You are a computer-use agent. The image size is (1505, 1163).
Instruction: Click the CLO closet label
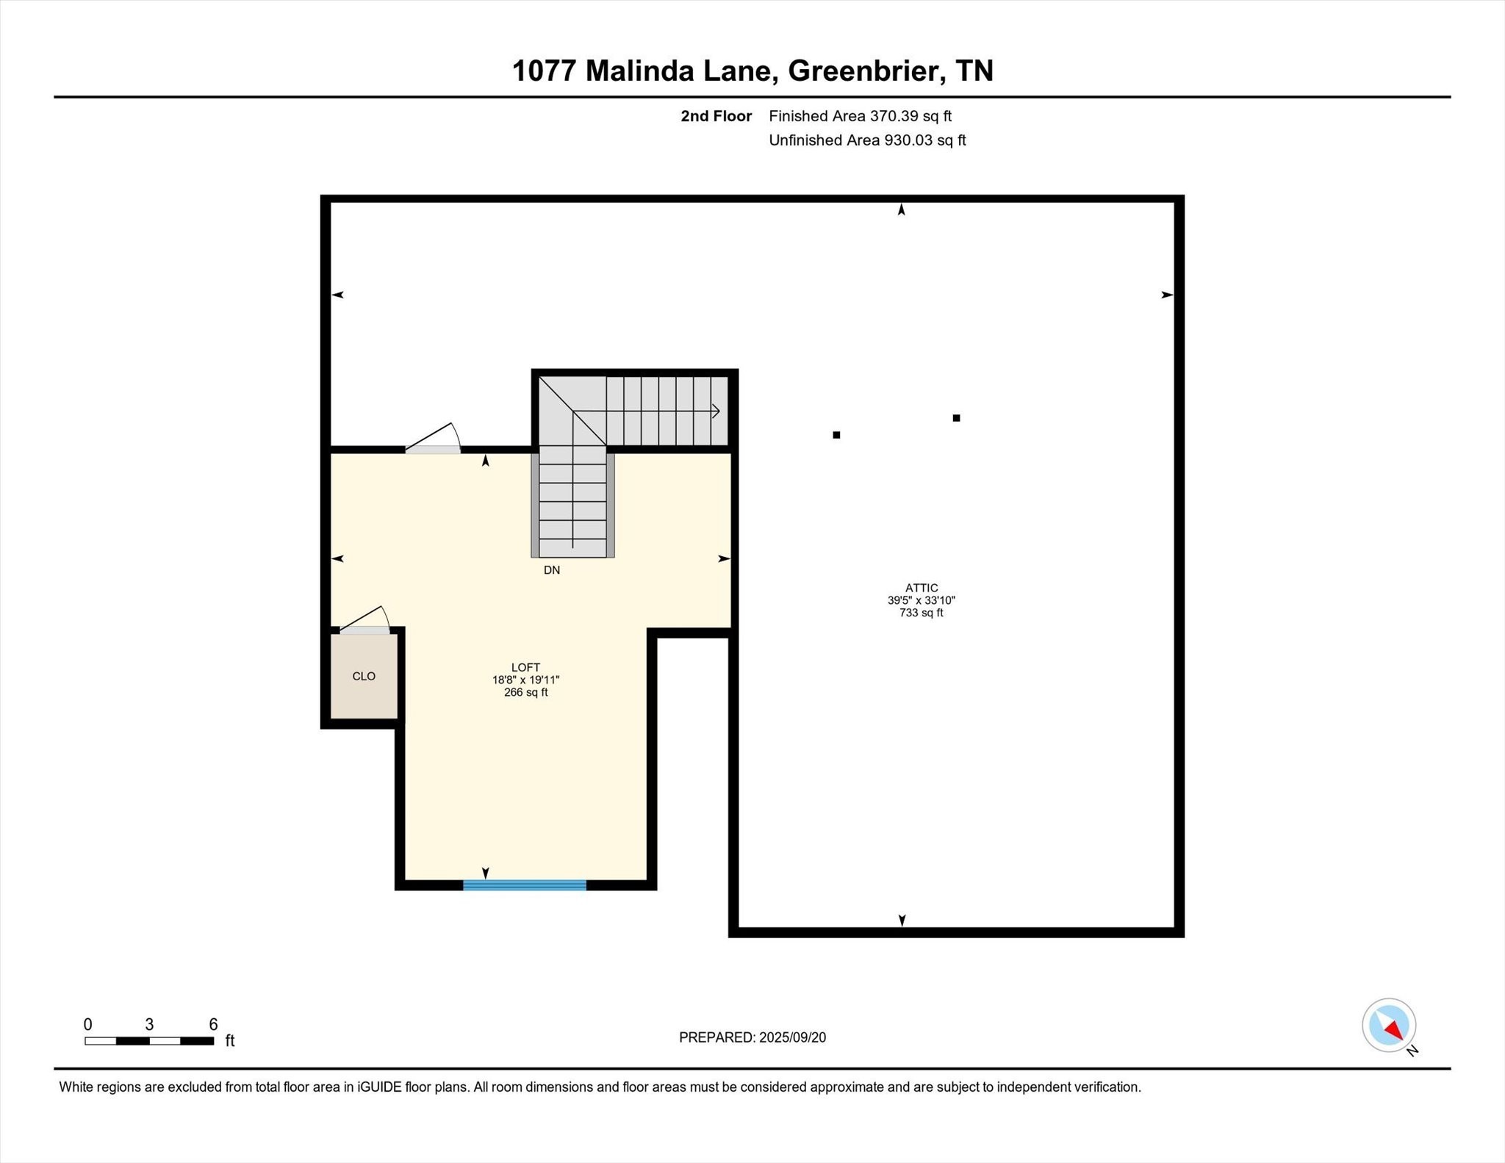tap(364, 677)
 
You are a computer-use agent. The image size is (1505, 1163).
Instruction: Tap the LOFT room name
tap(525, 667)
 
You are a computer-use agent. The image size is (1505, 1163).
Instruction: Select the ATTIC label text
tap(921, 588)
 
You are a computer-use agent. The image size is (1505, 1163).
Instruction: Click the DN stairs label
tap(551, 570)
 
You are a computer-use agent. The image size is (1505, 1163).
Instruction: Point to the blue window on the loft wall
tap(525, 885)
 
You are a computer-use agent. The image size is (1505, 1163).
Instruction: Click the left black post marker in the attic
tap(836, 435)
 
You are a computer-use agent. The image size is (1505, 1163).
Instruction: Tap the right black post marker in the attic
tap(956, 418)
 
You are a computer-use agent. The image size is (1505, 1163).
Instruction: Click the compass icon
tap(1388, 1026)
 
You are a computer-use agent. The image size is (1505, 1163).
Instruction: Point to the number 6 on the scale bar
tap(213, 1024)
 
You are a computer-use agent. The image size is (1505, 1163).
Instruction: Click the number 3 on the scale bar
tap(149, 1024)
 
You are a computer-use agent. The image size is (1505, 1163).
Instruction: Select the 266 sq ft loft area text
tap(525, 692)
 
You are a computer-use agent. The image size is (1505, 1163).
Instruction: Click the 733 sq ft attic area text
tap(921, 613)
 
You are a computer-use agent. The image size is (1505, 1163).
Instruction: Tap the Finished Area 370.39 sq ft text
tap(860, 116)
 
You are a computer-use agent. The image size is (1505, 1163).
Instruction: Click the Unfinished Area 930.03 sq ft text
tap(867, 140)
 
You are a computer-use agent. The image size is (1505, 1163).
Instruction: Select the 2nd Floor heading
tap(716, 116)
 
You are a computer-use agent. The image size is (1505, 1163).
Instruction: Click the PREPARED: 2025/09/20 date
tap(752, 1037)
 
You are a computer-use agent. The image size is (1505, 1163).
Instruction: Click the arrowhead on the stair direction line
tap(716, 411)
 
